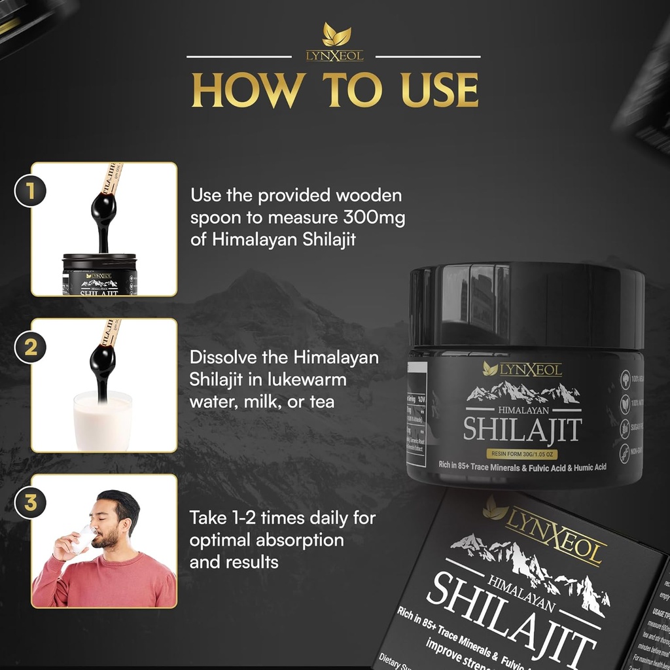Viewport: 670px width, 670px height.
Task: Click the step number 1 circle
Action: (x=30, y=191)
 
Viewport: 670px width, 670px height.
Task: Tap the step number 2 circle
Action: (x=30, y=347)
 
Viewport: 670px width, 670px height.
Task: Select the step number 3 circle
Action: (x=30, y=503)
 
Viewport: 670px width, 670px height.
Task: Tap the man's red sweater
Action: (x=105, y=579)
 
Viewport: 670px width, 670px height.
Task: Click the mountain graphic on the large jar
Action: (x=523, y=393)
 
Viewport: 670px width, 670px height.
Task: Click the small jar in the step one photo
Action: (x=99, y=275)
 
